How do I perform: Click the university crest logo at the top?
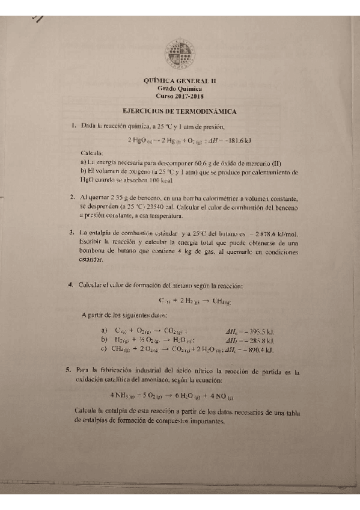pyautogui.click(x=180, y=55)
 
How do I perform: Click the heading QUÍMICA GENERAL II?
pyautogui.click(x=180, y=80)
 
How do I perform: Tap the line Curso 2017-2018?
pyautogui.click(x=180, y=96)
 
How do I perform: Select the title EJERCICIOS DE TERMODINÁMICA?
pyautogui.click(x=179, y=111)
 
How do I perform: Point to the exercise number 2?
pyautogui.click(x=72, y=197)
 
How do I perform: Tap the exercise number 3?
pyautogui.click(x=72, y=233)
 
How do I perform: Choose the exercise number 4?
pyautogui.click(x=71, y=284)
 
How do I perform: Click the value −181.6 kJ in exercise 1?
pyautogui.click(x=236, y=141)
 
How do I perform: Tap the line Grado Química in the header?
pyautogui.click(x=180, y=88)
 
